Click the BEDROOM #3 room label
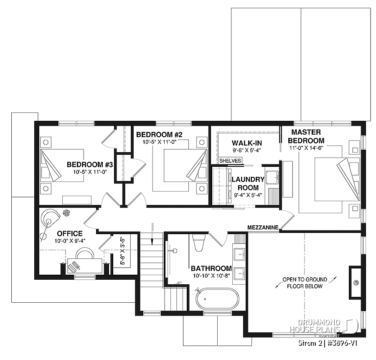[x=84, y=164]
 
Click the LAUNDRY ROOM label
[x=248, y=184]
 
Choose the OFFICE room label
[x=70, y=233]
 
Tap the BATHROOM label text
[x=211, y=268]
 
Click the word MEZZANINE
[x=263, y=227]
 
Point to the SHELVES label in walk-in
[x=230, y=161]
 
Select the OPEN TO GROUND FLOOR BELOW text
[x=305, y=283]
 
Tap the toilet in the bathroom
[x=199, y=242]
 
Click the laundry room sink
[x=272, y=177]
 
